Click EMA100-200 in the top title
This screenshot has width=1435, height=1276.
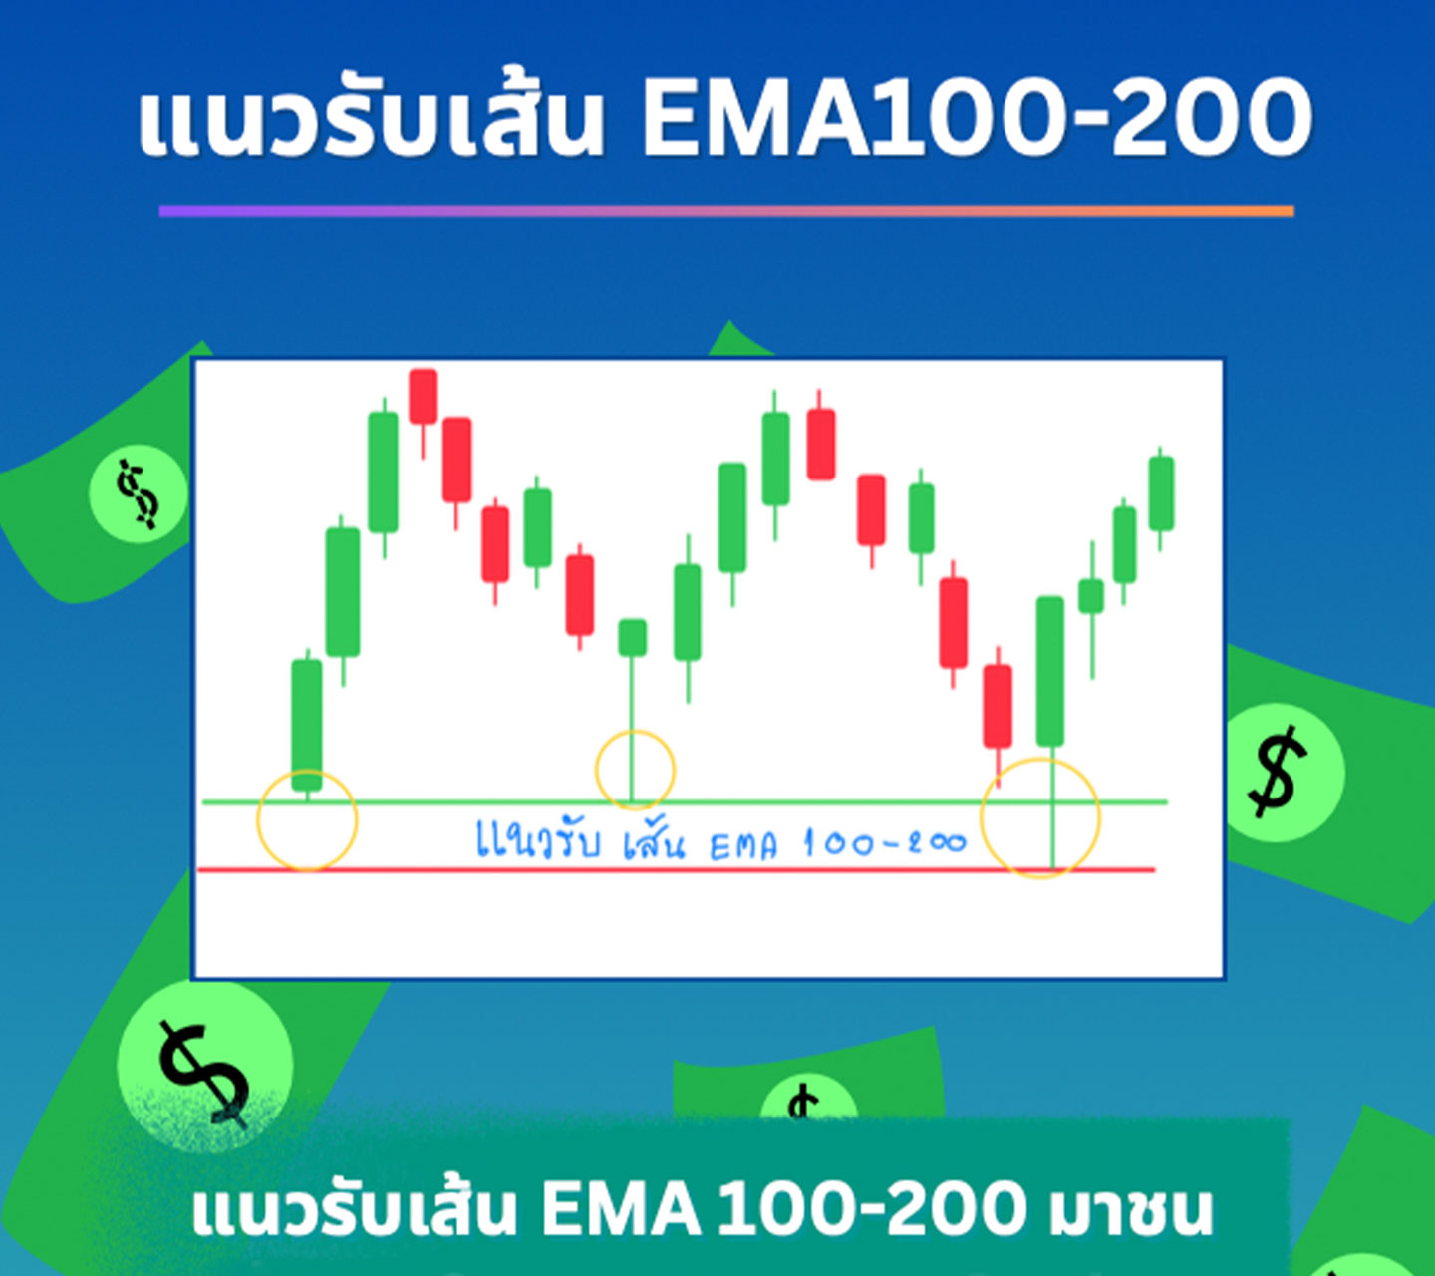point(977,117)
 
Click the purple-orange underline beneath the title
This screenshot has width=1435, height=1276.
point(726,211)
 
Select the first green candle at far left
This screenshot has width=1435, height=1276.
point(307,726)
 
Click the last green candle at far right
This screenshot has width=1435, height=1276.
point(1162,497)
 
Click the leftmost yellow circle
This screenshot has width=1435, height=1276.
point(257,820)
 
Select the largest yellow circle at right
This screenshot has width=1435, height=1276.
point(981,818)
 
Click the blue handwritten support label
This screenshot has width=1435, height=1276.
point(721,841)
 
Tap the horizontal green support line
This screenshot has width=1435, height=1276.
point(685,802)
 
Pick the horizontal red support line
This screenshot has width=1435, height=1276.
point(677,870)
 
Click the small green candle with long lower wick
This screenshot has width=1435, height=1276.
point(632,712)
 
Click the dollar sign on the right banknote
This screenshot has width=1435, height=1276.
point(1278,773)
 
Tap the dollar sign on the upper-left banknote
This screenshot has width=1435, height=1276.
point(139,493)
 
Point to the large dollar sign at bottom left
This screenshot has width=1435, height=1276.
point(204,1074)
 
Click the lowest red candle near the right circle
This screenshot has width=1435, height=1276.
point(998,717)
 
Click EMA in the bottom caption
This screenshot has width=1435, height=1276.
point(621,1211)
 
